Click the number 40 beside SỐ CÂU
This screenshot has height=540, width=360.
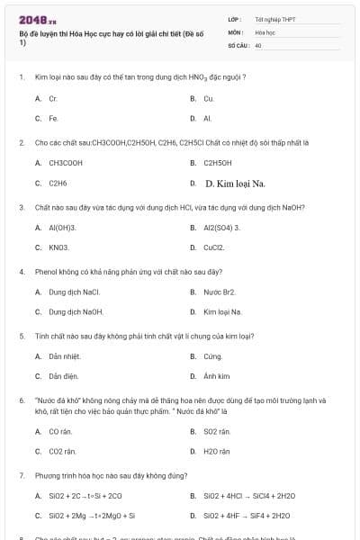tap(258, 44)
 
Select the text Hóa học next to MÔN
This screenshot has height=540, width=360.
tap(265, 31)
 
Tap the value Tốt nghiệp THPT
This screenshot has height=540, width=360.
tap(274, 18)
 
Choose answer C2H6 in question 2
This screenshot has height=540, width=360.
tap(58, 183)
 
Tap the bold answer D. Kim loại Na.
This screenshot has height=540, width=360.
tap(235, 184)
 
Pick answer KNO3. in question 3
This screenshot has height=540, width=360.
tap(58, 247)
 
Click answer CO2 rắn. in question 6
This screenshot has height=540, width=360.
tap(62, 451)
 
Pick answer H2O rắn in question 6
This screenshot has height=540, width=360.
tap(216, 451)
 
